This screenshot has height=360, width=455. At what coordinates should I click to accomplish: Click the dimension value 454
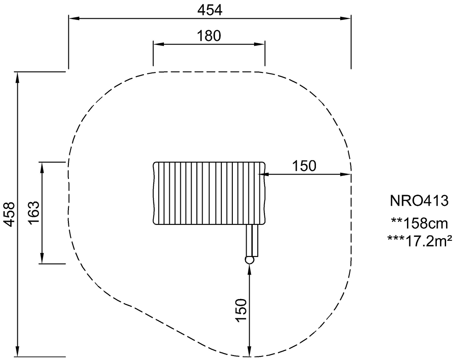pyautogui.click(x=210, y=11)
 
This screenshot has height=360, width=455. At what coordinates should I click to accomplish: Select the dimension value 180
pyautogui.click(x=209, y=36)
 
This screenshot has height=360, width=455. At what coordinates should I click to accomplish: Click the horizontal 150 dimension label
pyautogui.click(x=304, y=166)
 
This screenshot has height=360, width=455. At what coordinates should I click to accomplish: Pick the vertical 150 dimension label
pyautogui.click(x=241, y=310)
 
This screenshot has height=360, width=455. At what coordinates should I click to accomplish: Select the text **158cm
pyautogui.click(x=419, y=224)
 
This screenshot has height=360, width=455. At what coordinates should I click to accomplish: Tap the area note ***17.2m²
pyautogui.click(x=419, y=241)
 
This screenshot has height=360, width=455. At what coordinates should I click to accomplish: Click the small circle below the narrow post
pyautogui.click(x=249, y=260)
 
